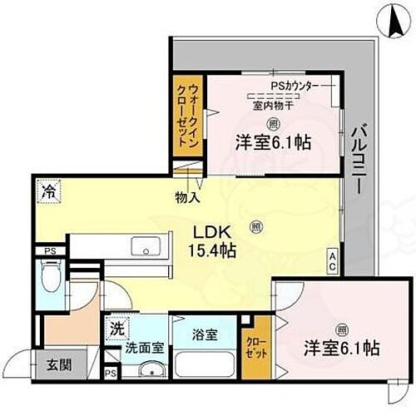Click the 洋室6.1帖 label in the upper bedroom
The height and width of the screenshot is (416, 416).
(273, 142)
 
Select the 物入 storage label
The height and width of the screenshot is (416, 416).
(186, 198)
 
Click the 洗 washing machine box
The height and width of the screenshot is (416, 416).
(117, 328)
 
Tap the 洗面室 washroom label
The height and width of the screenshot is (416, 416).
(137, 350)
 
